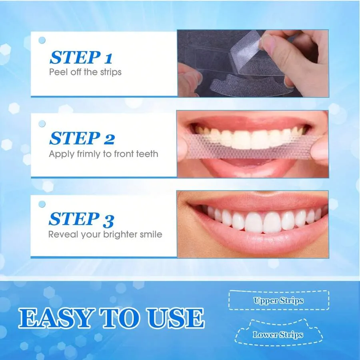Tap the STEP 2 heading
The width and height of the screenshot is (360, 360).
point(82,138)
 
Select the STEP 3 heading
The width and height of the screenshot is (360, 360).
point(81,220)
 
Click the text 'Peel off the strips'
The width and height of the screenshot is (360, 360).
point(85,72)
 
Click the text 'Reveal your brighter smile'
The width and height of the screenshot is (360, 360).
point(105,234)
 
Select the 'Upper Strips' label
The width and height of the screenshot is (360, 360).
point(278,301)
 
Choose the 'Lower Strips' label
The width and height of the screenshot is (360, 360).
point(278,335)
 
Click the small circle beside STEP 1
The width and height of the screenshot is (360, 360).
point(42,40)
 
